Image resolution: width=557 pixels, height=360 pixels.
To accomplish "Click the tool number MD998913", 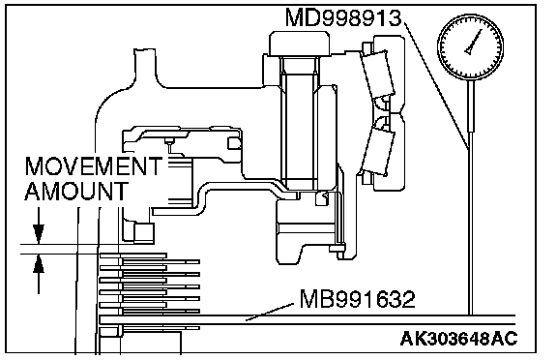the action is [343, 17].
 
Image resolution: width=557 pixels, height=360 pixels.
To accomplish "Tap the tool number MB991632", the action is [358, 299].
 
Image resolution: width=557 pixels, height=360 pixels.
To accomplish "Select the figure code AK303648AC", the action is [458, 339].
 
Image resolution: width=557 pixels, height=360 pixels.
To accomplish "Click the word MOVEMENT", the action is [94, 166].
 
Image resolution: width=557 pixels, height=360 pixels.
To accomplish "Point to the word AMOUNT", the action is [76, 192].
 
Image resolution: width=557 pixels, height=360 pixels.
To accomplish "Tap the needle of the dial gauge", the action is [474, 42].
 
